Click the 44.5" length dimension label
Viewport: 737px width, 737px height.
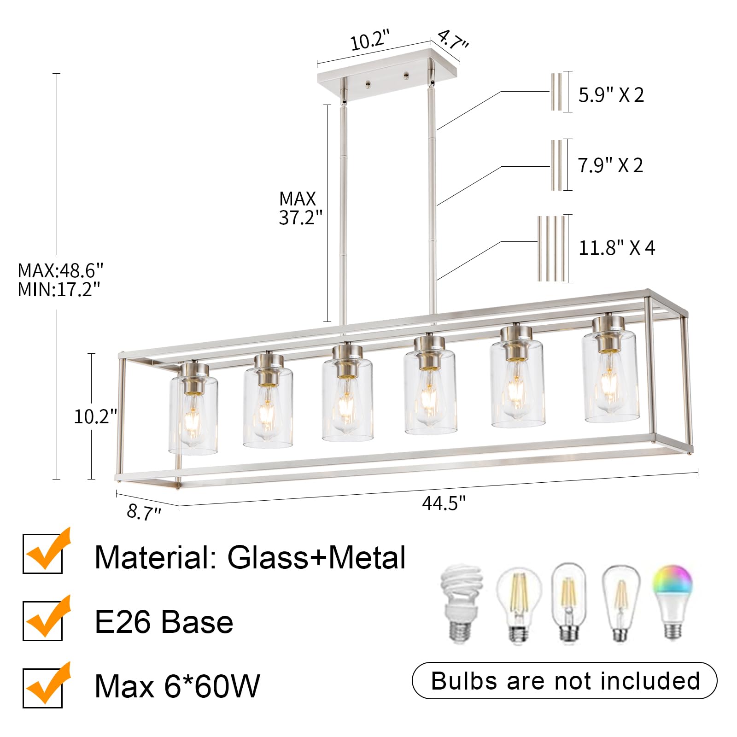point(444,503)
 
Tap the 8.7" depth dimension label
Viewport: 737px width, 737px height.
point(144,511)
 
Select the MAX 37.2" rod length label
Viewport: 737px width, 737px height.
point(300,208)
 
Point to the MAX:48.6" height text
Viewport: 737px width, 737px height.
point(60,270)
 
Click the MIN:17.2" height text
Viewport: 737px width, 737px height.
point(59,289)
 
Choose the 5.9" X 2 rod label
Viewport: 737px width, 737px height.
point(611,95)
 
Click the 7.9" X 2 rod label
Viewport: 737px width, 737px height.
point(610,165)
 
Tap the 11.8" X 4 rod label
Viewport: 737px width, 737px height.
point(616,248)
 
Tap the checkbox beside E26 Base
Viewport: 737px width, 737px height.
point(43,620)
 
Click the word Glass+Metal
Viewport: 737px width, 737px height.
point(316,557)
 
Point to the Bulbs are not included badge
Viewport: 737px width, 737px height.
point(564,681)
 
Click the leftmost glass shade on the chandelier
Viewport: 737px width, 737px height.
point(193,415)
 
